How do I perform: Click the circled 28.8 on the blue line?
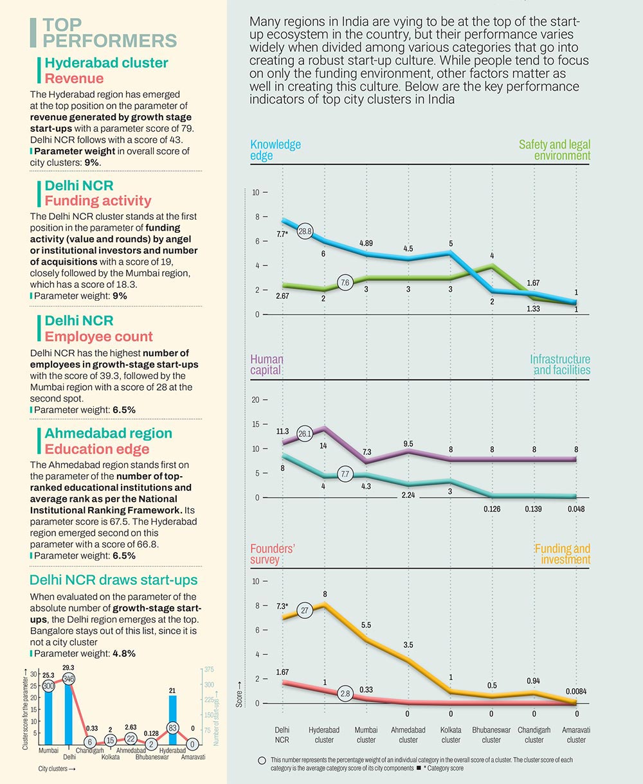click(x=305, y=231)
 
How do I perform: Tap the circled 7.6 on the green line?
click(x=345, y=283)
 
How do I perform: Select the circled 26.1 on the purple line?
click(x=305, y=433)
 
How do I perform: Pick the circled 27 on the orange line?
click(x=305, y=610)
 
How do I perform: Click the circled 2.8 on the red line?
click(x=345, y=693)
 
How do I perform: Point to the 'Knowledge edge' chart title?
click(x=275, y=150)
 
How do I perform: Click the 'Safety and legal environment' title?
click(x=554, y=150)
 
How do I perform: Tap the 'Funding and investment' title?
click(x=562, y=554)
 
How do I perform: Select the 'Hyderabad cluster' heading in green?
click(x=106, y=63)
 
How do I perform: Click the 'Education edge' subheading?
click(x=96, y=449)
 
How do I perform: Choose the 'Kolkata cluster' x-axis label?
click(x=451, y=735)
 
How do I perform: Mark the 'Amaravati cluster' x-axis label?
click(x=576, y=735)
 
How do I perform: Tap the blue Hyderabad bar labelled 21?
click(x=172, y=720)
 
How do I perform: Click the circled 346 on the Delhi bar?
click(x=69, y=679)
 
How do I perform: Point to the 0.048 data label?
click(x=576, y=509)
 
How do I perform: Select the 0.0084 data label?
click(x=576, y=691)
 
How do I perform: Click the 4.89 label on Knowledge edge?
click(x=366, y=243)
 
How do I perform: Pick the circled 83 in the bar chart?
click(x=172, y=728)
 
